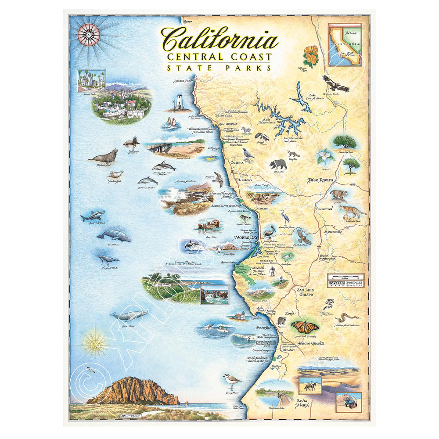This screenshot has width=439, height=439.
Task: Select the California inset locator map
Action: click(345, 44)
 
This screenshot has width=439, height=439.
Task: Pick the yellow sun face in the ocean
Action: click(94, 341)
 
